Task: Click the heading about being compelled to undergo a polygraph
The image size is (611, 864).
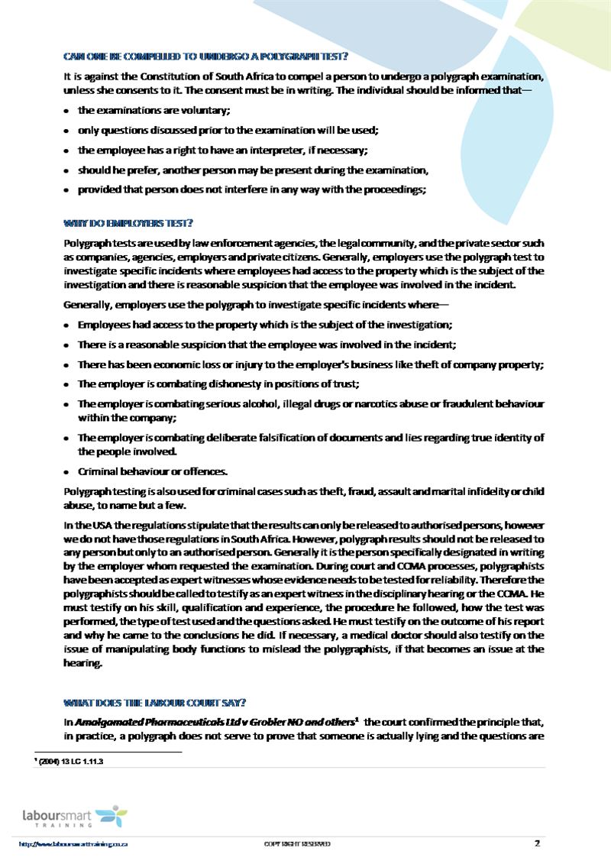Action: pyautogui.click(x=205, y=57)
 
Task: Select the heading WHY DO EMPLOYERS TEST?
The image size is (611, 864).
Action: pyautogui.click(x=128, y=223)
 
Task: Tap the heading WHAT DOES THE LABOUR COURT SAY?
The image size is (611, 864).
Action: pyautogui.click(x=154, y=703)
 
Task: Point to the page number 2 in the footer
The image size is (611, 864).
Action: pyautogui.click(x=537, y=843)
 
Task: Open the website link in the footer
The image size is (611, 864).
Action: pyautogui.click(x=73, y=844)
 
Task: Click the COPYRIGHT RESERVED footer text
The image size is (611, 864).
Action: pyautogui.click(x=297, y=844)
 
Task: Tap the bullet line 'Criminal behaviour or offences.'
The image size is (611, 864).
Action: pyautogui.click(x=142, y=471)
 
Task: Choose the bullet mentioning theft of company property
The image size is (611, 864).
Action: pyautogui.click(x=311, y=364)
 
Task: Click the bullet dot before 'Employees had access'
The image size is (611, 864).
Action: pyautogui.click(x=67, y=325)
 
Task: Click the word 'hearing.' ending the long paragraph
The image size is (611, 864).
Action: pyautogui.click(x=82, y=663)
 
